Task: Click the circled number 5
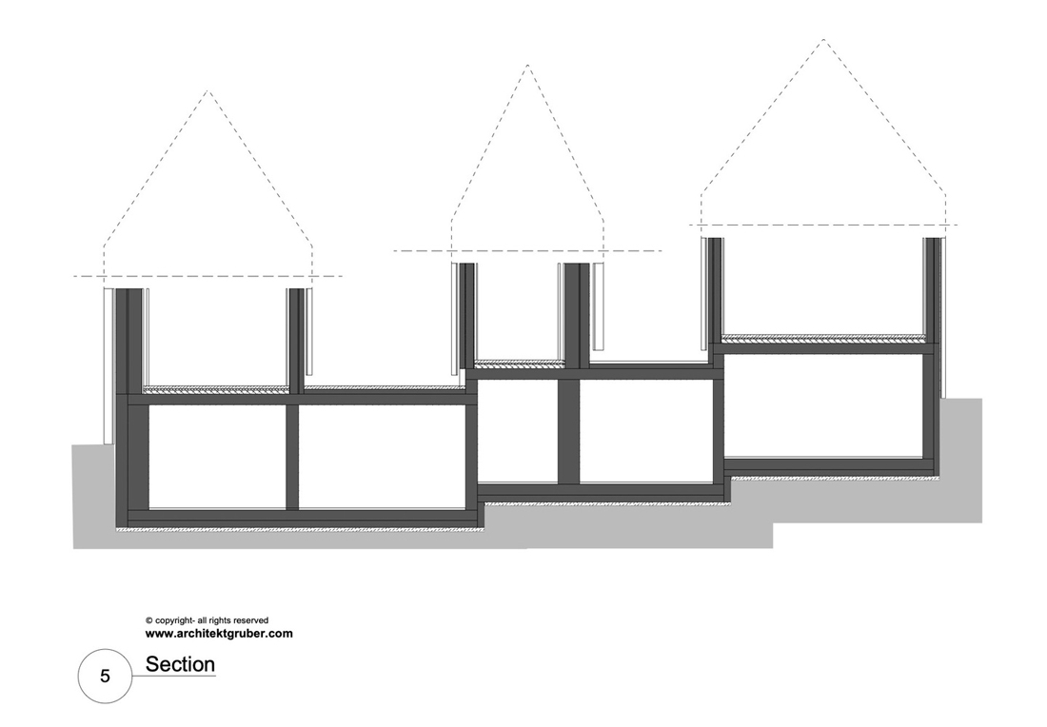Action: point(105,677)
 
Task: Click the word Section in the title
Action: point(180,664)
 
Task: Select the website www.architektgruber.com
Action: point(219,634)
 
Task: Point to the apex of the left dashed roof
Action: point(207,90)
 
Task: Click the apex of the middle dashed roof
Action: point(527,65)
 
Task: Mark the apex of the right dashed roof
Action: point(823,39)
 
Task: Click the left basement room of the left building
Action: point(217,458)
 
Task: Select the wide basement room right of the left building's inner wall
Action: point(383,458)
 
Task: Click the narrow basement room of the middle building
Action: point(518,431)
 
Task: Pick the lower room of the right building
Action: point(823,404)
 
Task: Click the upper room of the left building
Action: point(218,337)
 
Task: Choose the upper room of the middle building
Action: point(519,312)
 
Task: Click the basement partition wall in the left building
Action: point(292,458)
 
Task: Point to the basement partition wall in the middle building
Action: point(568,431)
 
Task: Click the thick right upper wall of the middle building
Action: point(577,315)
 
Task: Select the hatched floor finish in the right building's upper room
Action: point(823,338)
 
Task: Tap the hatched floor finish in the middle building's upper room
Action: point(519,363)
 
